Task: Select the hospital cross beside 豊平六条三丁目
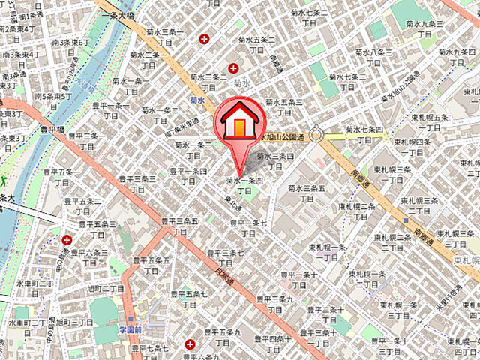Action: pos(67,241)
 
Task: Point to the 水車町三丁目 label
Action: pos(34,285)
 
